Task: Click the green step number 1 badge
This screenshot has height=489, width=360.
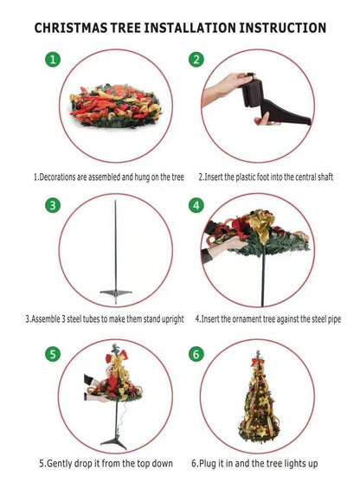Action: pos(53,59)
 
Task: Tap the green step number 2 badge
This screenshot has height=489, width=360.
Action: pos(196,59)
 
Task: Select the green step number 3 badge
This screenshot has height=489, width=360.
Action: pos(53,205)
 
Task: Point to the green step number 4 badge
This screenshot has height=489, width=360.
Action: pos(196,205)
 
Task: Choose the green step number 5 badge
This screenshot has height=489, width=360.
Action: pos(53,354)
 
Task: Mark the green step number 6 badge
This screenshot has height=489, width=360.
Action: pos(196,354)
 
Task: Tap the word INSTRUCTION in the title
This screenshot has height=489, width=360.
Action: pos(283,28)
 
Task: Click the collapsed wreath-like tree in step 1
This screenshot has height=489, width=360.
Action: pos(115,106)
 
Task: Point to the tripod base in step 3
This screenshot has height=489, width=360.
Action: pos(116,295)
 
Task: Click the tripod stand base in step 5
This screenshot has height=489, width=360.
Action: pos(114,442)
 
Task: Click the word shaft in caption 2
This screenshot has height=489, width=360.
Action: pos(325,177)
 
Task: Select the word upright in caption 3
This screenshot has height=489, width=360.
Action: pos(172,319)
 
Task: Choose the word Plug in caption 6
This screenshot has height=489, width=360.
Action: pos(208,464)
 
